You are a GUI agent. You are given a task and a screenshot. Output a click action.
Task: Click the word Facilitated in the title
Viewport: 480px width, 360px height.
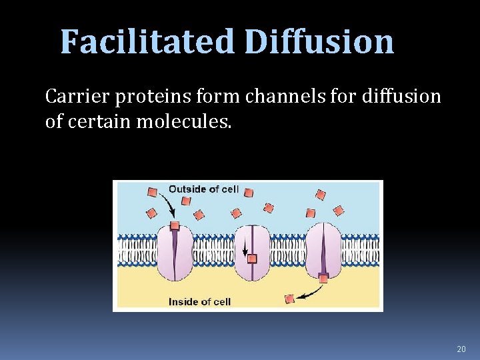[x=147, y=42]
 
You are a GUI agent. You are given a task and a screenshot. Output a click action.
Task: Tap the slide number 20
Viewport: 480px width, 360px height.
[x=461, y=349]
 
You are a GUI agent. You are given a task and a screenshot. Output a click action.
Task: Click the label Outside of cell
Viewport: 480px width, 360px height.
[x=203, y=189]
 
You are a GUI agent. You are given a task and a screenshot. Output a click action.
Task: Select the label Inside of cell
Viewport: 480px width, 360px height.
[x=199, y=302]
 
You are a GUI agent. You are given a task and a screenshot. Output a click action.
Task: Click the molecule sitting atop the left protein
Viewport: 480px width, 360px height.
[x=175, y=227]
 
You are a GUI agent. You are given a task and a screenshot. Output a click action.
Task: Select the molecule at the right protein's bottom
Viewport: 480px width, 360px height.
[x=323, y=279]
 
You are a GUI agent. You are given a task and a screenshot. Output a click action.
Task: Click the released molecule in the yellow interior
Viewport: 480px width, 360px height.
[x=289, y=298]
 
